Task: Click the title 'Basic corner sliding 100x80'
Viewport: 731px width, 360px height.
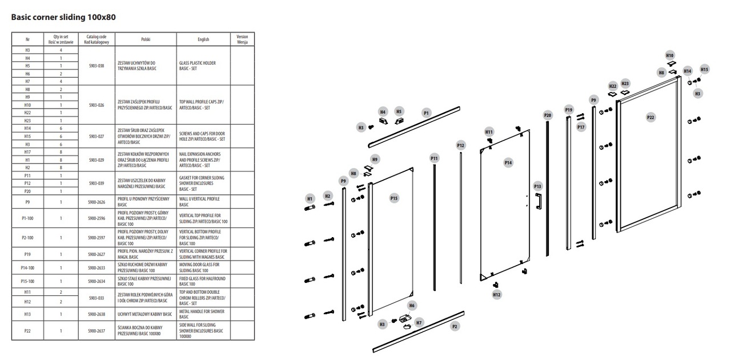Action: click(x=63, y=17)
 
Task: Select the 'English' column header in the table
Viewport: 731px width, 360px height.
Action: click(x=203, y=39)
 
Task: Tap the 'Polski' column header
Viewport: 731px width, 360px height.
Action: click(x=145, y=39)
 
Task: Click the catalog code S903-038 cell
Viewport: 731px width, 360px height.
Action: click(x=97, y=66)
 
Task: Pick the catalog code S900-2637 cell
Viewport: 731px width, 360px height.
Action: click(x=97, y=330)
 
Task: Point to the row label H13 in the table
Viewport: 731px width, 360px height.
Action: click(x=27, y=314)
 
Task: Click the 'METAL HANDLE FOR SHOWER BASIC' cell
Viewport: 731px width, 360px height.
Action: click(x=203, y=314)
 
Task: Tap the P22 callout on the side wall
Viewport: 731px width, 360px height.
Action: click(x=650, y=117)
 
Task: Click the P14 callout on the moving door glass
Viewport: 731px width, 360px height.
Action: click(x=508, y=163)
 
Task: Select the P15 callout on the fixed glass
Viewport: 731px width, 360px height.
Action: click(x=394, y=198)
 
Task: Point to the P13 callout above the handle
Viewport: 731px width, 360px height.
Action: click(x=537, y=186)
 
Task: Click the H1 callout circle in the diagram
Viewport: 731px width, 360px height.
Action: click(x=310, y=198)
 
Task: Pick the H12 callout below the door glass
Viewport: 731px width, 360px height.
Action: click(x=497, y=295)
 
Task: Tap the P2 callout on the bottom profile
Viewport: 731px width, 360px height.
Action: click(x=455, y=326)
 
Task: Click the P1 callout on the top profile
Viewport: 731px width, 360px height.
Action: click(x=426, y=113)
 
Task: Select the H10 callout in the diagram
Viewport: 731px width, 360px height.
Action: click(x=670, y=55)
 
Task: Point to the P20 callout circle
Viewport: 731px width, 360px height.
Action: click(x=548, y=115)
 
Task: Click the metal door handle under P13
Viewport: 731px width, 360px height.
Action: click(x=537, y=202)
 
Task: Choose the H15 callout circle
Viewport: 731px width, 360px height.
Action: click(x=704, y=69)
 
